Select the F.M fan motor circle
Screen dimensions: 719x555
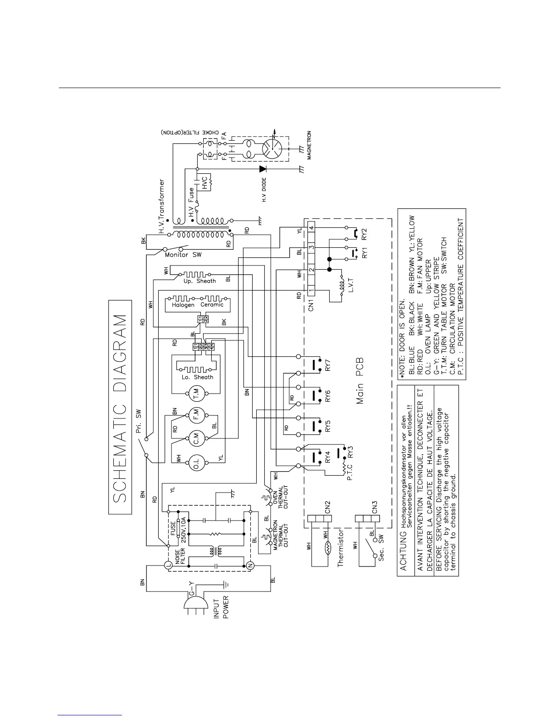196,415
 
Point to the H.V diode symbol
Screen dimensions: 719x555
263,168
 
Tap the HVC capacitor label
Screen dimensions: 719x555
204,182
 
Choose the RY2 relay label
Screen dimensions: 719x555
364,234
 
